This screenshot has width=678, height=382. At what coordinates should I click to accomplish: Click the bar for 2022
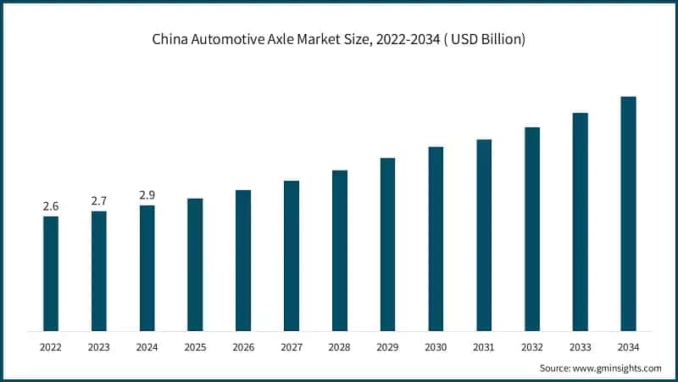pyautogui.click(x=51, y=273)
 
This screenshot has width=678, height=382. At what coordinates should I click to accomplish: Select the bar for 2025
pyautogui.click(x=195, y=265)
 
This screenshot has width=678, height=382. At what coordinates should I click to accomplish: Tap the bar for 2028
pyautogui.click(x=340, y=250)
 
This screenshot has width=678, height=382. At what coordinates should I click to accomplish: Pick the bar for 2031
pyautogui.click(x=484, y=235)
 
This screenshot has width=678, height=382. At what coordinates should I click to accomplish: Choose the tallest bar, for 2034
pyautogui.click(x=628, y=214)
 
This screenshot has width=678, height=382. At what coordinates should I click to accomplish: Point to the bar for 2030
pyautogui.click(x=436, y=239)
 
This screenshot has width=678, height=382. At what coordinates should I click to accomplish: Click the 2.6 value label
pyautogui.click(x=51, y=206)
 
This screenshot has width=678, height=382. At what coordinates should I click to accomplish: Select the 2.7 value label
pyautogui.click(x=99, y=201)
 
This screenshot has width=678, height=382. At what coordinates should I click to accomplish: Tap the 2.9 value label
pyautogui.click(x=147, y=195)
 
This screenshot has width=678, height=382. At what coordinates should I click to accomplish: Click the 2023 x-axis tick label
pyautogui.click(x=99, y=346)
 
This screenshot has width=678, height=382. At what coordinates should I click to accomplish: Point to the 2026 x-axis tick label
pyautogui.click(x=243, y=346)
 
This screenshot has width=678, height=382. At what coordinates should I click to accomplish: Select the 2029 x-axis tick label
pyautogui.click(x=387, y=346)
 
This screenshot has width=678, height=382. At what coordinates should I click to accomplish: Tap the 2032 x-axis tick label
pyautogui.click(x=532, y=346)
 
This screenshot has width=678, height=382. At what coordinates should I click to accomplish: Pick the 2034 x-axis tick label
pyautogui.click(x=628, y=346)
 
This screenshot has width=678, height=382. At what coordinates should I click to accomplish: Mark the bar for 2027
pyautogui.click(x=292, y=256)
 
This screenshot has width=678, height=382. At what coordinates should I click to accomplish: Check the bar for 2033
pyautogui.click(x=580, y=222)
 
